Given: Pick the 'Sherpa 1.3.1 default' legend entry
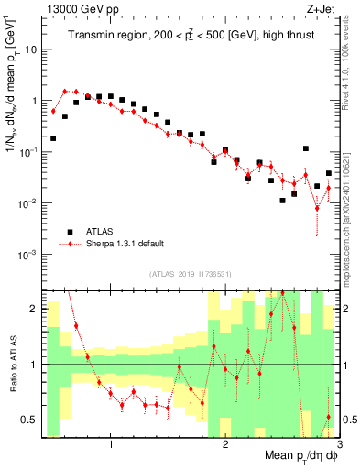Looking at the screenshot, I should (119, 245).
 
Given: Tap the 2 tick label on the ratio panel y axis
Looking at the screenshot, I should (33, 309).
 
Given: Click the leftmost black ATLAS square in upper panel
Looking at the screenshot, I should (53, 138).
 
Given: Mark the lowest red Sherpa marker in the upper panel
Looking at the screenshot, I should (317, 207).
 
